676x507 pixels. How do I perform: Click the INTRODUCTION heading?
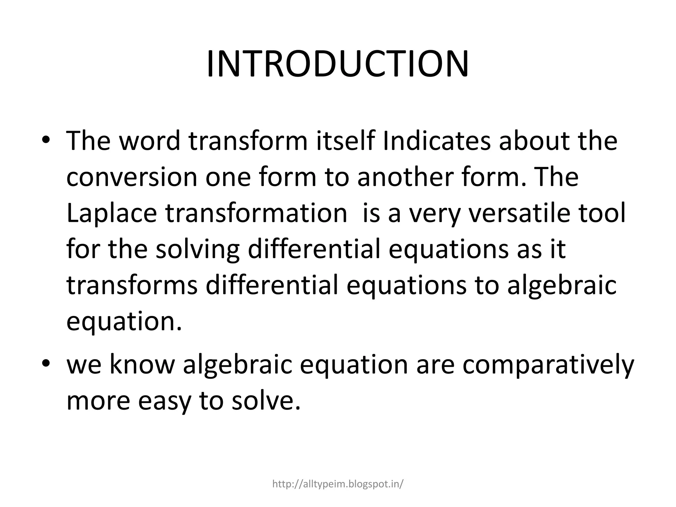[x=337, y=64]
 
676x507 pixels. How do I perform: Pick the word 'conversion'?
[x=132, y=177]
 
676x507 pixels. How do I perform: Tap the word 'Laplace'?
[x=112, y=214]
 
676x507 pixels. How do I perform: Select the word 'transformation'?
[x=256, y=214]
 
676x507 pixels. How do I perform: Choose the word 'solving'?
[x=197, y=250]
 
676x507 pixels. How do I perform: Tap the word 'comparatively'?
[x=548, y=366]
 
